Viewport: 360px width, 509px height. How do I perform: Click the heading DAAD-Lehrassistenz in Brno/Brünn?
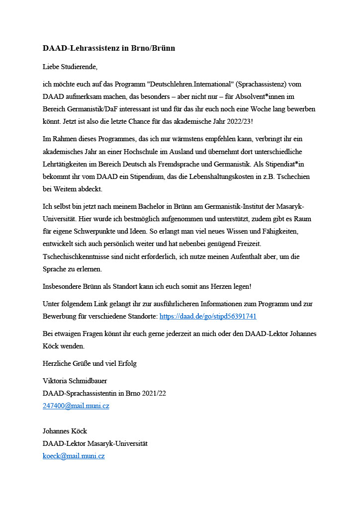[x=109, y=49]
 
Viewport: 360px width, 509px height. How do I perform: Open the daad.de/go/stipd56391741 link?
[x=208, y=316]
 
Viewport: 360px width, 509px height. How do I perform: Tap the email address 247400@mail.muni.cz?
[x=76, y=406]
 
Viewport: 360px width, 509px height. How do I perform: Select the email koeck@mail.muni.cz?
[x=74, y=456]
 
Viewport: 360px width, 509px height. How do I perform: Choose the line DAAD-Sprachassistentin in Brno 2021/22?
[x=104, y=394]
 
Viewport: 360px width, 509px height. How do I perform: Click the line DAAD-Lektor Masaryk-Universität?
[x=95, y=443]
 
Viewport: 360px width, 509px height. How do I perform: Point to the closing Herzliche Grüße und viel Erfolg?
[x=90, y=363]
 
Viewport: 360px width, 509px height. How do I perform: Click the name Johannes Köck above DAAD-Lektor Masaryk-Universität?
[x=65, y=431]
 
